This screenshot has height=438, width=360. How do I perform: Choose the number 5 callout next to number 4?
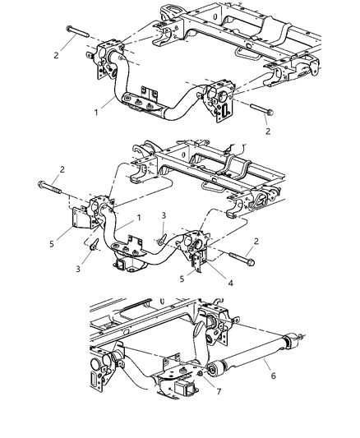(x=183, y=279)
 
